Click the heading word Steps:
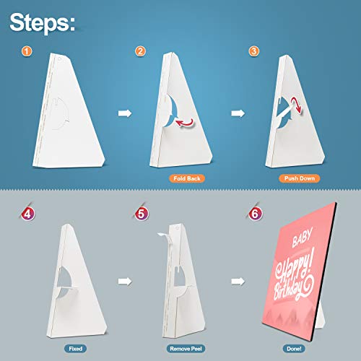[42, 23]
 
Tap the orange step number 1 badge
[27, 51]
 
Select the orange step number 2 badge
[140, 51]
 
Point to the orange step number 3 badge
[254, 51]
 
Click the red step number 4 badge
[28, 214]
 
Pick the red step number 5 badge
[142, 214]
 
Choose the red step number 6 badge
[255, 214]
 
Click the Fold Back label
[187, 178]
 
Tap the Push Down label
[300, 178]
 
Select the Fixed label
[76, 349]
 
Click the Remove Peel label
[186, 349]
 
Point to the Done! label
[294, 349]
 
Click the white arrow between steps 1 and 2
[125, 113]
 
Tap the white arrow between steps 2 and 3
[238, 113]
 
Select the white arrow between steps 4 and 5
[125, 281]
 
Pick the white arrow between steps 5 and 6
[238, 281]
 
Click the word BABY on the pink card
[303, 238]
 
